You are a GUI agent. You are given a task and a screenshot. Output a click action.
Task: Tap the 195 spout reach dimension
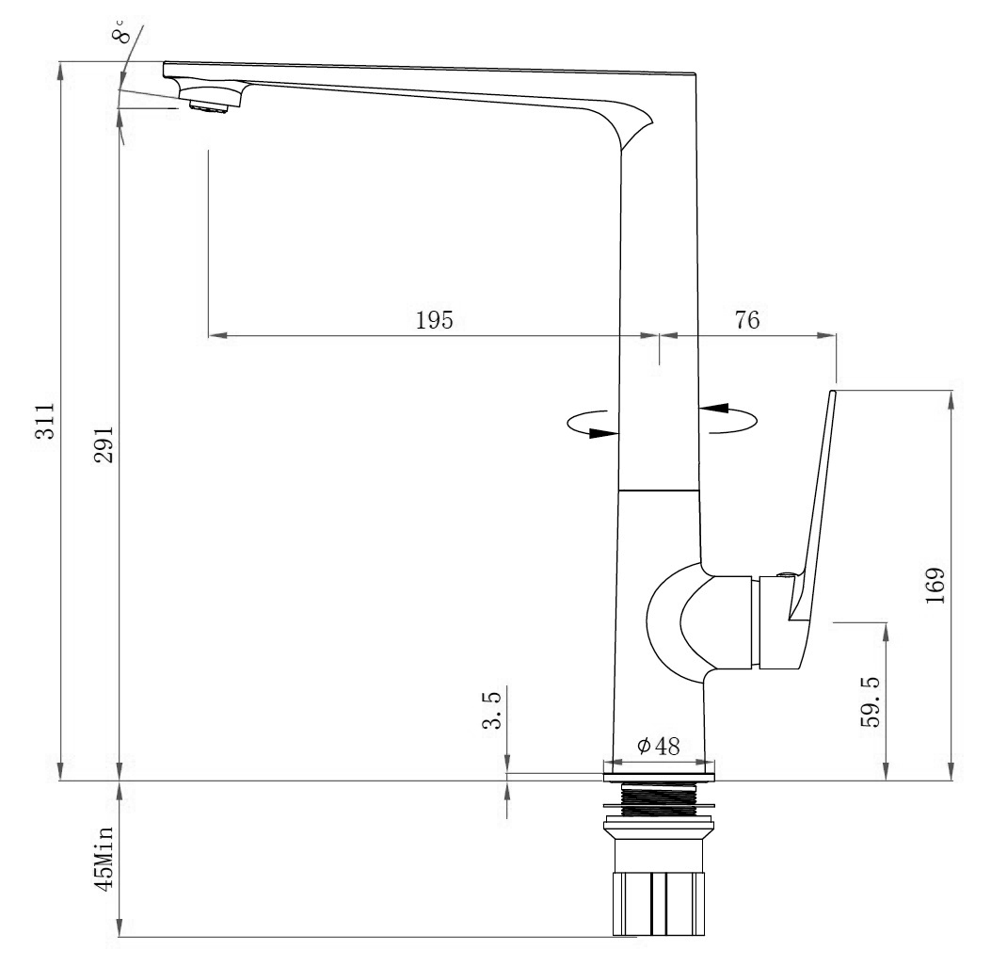pyautogui.click(x=435, y=319)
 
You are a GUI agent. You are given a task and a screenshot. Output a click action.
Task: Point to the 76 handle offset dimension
pyautogui.click(x=746, y=319)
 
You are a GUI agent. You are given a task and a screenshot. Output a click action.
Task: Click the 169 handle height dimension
pyautogui.click(x=935, y=586)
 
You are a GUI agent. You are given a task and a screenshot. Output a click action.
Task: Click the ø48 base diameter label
pyautogui.click(x=658, y=746)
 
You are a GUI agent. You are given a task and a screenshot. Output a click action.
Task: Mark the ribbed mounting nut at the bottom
pyautogui.click(x=659, y=904)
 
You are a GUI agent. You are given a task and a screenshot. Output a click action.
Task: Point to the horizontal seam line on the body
pyautogui.click(x=658, y=490)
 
